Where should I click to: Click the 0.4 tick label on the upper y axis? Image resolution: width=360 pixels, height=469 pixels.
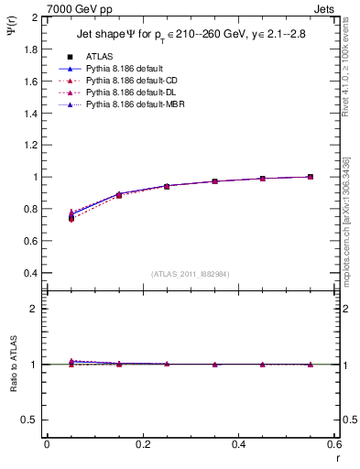tap(28, 273)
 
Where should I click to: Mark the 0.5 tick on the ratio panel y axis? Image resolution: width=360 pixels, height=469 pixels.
tap(28, 420)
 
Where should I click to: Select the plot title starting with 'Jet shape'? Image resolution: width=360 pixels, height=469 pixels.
tap(189, 35)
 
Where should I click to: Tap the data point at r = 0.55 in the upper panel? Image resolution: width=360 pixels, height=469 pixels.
tap(311, 177)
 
